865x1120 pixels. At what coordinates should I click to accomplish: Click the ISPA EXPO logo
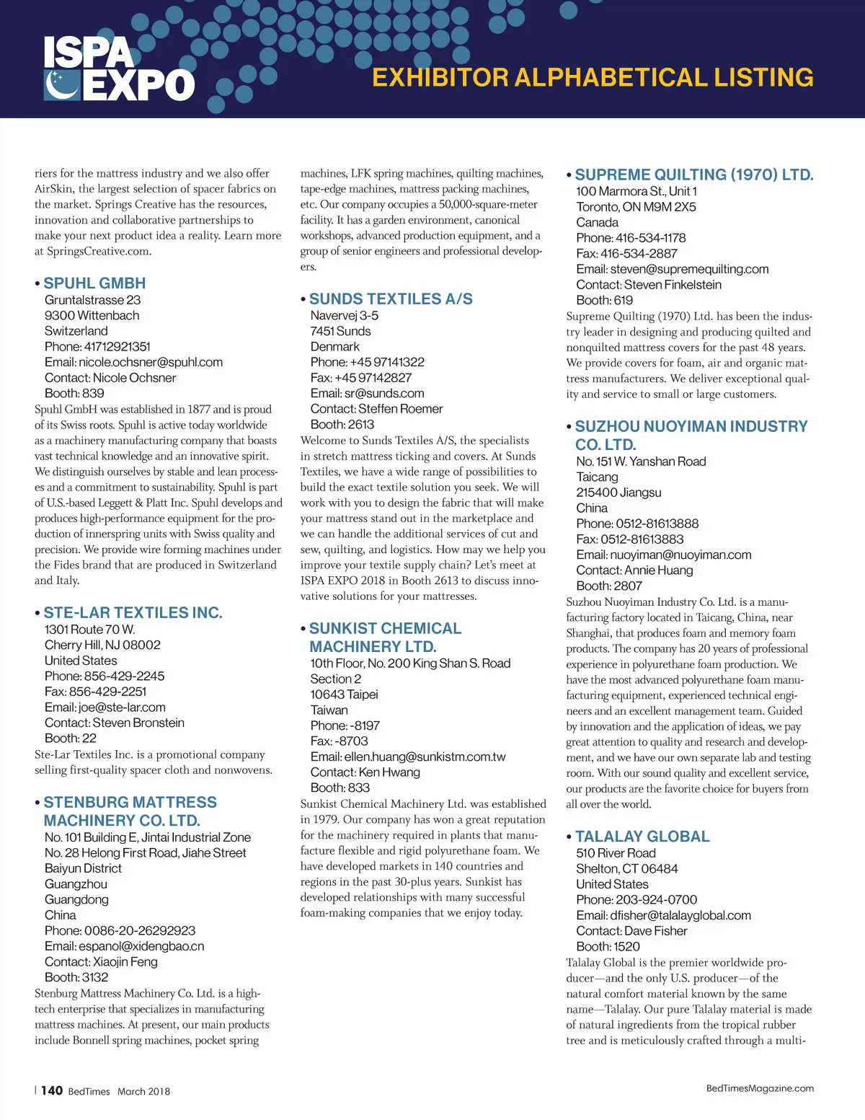[x=119, y=69]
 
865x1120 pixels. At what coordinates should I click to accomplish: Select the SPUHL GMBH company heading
[x=94, y=283]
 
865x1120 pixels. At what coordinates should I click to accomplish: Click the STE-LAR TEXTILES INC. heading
[x=133, y=612]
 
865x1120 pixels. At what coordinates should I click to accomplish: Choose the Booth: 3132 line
[x=76, y=977]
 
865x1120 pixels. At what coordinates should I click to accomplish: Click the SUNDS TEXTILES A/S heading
[x=391, y=299]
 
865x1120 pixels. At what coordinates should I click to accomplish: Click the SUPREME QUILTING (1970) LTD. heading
[x=693, y=175]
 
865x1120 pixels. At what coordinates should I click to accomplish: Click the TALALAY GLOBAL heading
[x=642, y=837]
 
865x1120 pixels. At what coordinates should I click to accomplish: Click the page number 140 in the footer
[x=52, y=1090]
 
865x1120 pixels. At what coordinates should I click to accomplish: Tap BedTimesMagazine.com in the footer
[x=760, y=1088]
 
